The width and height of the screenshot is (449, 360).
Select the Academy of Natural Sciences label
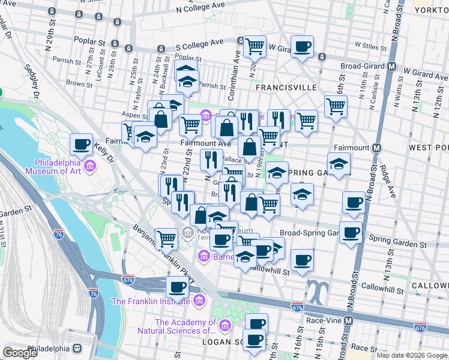185,326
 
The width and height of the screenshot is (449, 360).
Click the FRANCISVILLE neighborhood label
286,88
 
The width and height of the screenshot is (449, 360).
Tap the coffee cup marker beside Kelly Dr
81,145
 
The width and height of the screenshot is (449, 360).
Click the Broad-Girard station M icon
392,66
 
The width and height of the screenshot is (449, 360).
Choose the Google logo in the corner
20,352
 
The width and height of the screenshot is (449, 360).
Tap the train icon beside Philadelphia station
77,349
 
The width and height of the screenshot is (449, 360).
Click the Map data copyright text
411,355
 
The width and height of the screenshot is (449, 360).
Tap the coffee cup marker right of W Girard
302,46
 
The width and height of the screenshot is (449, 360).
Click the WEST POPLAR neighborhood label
429,147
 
